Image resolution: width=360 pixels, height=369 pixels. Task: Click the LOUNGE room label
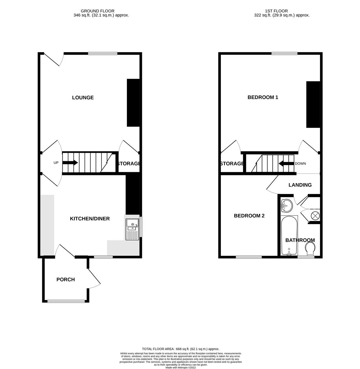click(83, 98)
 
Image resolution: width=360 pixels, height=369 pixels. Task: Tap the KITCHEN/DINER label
click(90, 219)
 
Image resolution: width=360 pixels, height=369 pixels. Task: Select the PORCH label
click(66, 279)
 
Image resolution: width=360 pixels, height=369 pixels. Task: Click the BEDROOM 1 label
click(263, 97)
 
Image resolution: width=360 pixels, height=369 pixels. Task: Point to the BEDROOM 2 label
click(249, 216)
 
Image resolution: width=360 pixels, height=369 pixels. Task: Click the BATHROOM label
click(300, 240)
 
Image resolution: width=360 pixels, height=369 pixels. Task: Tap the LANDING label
click(300, 185)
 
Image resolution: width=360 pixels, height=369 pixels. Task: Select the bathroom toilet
click(310, 248)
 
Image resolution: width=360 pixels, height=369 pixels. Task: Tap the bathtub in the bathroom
click(289, 236)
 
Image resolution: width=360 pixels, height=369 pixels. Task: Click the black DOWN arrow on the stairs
click(286, 163)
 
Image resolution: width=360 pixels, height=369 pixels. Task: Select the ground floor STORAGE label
click(129, 164)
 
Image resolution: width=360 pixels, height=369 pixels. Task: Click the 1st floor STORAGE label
click(232, 164)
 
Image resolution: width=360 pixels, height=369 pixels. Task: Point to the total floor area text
click(181, 349)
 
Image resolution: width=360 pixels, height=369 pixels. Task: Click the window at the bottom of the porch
click(66, 301)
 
